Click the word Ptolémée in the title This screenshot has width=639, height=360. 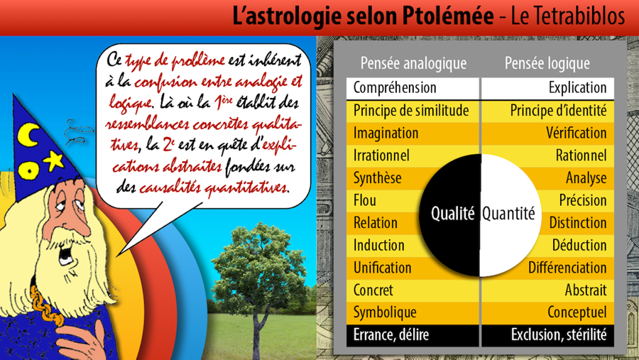448,16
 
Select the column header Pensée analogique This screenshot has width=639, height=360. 413,62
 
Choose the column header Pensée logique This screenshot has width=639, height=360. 547,62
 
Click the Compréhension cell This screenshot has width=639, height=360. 413,89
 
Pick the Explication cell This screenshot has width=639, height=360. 547,89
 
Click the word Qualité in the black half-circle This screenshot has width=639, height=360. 453,214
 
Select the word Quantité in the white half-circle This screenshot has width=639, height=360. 508,214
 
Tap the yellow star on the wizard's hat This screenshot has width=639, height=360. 54,160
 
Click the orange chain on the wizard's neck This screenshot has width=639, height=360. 45,305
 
